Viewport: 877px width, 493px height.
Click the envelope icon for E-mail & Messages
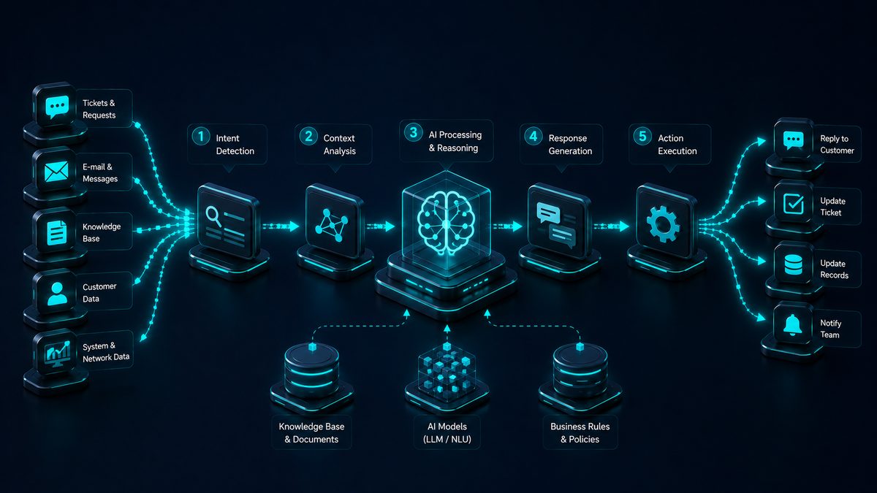[x=56, y=172]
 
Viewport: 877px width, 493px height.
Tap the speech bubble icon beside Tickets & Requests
[x=57, y=107]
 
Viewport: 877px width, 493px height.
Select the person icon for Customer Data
[x=57, y=294]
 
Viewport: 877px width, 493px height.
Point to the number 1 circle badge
[x=200, y=136]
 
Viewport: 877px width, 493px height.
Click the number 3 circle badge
[x=414, y=132]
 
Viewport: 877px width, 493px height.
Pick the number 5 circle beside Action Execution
[x=642, y=136]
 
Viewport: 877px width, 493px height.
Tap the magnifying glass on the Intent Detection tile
[x=213, y=216]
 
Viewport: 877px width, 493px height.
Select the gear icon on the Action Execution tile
[x=663, y=224]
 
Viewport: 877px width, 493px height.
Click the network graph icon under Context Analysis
[x=332, y=226]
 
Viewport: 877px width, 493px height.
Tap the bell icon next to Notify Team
[x=793, y=325]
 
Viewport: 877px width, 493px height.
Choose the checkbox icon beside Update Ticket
[x=794, y=204]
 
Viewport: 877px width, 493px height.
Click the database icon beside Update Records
[x=793, y=265]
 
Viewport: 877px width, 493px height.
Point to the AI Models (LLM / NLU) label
[x=447, y=432]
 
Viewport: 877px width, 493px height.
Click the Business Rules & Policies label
[x=580, y=432]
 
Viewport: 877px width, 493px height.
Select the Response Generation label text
[x=570, y=145]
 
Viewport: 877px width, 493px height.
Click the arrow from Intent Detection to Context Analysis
[x=281, y=226]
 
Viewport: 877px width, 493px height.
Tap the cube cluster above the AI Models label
[x=447, y=368]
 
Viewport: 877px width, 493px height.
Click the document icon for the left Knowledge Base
[x=57, y=233]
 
